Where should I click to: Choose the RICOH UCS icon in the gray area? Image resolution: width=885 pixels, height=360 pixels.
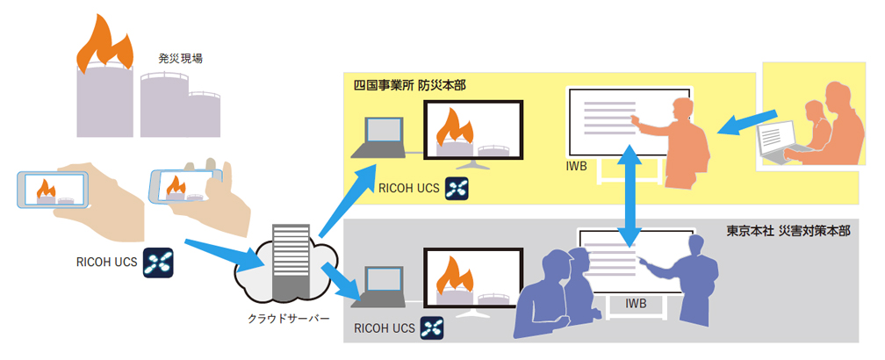433,328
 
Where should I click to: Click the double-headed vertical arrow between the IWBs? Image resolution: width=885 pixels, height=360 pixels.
629,199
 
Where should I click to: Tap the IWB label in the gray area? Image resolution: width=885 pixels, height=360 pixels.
636,303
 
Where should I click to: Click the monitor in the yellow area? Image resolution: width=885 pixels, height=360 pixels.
472,130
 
